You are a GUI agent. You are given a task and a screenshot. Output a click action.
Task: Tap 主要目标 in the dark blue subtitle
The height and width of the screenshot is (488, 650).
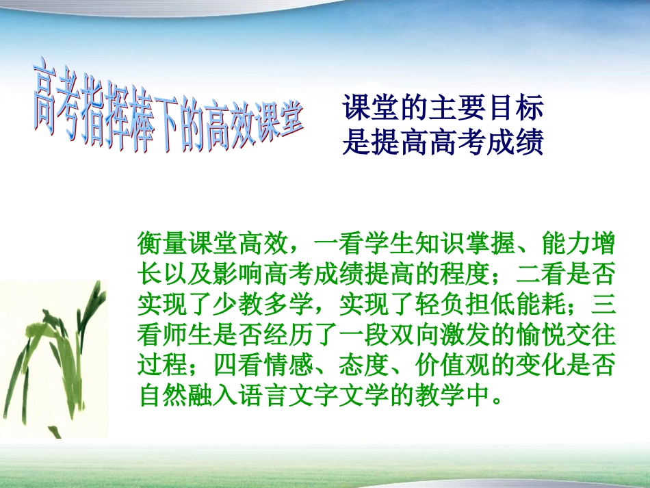(493, 108)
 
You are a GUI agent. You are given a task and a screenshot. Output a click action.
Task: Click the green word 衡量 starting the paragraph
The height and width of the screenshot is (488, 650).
(162, 243)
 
